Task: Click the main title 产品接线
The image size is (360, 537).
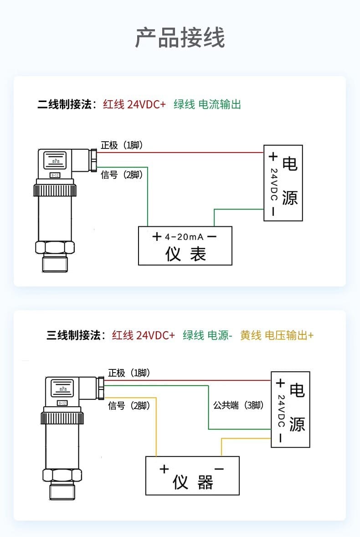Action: [x=180, y=38]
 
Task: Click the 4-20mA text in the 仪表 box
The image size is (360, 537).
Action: [x=184, y=237]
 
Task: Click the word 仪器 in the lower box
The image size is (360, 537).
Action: [x=193, y=482]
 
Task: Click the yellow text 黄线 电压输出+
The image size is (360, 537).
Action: [x=277, y=336]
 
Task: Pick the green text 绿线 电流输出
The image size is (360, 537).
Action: [x=207, y=104]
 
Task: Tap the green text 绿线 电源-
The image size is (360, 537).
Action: [x=208, y=336]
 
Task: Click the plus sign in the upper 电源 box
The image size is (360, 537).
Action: [x=273, y=157]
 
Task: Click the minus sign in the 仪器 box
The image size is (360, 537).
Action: [x=219, y=469]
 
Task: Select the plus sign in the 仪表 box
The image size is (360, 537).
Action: [x=157, y=237]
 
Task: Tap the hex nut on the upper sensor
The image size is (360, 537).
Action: [x=55, y=247]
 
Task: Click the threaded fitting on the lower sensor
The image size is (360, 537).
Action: [x=63, y=491]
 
